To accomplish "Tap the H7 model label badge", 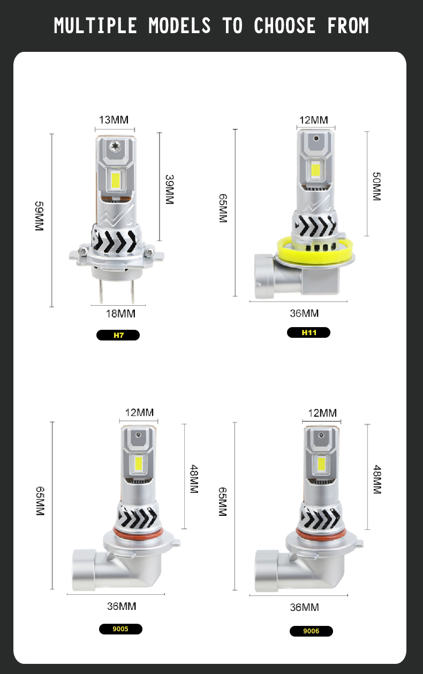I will [x=118, y=336].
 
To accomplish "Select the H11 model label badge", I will [x=309, y=332].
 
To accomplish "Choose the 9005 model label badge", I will [x=120, y=629].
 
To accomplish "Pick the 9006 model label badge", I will [x=311, y=631].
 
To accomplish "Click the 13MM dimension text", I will [x=114, y=120].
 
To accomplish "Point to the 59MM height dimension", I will [x=39, y=216].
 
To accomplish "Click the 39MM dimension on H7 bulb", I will [x=169, y=189].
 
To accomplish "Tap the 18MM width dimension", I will [x=120, y=313].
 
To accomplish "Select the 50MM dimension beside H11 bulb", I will [x=376, y=186].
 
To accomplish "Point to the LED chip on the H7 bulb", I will [x=115, y=181].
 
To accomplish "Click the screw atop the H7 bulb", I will [x=115, y=145].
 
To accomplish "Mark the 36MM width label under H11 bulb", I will [x=304, y=313].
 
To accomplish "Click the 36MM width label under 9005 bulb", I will [x=122, y=606].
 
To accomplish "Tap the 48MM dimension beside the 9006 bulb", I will [x=376, y=479].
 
